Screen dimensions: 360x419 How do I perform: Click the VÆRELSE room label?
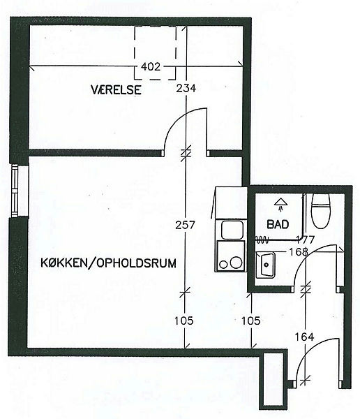[116, 89]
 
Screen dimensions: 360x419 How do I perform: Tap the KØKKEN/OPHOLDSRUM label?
[108, 263]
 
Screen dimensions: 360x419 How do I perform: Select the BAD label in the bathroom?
[278, 224]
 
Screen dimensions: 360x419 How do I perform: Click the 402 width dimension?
[151, 66]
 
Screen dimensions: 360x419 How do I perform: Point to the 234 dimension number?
[186, 88]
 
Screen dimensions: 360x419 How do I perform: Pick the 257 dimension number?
[186, 225]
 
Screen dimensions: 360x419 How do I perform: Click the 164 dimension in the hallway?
[304, 337]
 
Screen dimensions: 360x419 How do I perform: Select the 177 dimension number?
[306, 240]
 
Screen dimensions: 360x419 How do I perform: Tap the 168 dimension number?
[299, 251]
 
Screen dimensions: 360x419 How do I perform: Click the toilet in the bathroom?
[321, 211]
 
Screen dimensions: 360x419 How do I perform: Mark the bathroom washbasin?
[265, 265]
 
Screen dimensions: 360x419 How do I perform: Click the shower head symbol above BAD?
[280, 205]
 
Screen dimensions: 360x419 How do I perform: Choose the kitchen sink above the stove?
[232, 230]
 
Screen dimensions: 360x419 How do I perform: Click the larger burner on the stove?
[236, 263]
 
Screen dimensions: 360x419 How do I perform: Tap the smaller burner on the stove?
[223, 265]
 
